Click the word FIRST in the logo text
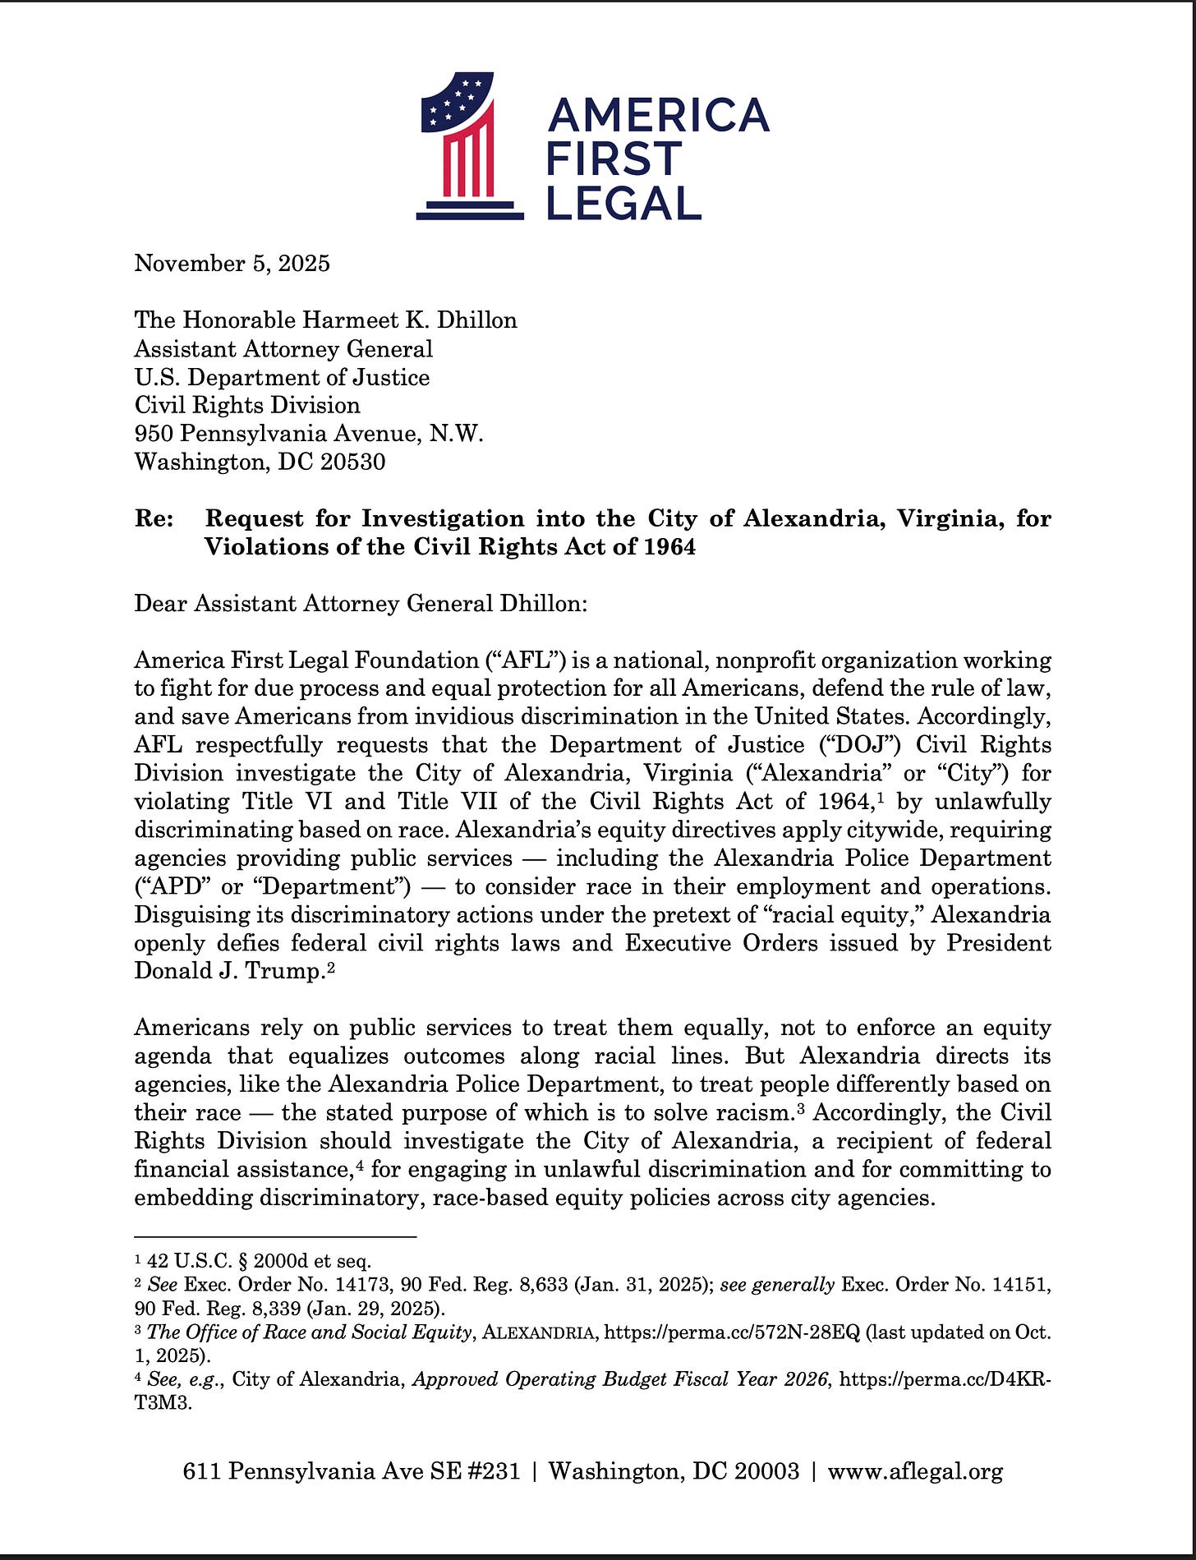tap(614, 159)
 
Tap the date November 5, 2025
tap(232, 264)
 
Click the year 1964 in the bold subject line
tap(669, 547)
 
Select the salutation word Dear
tap(161, 604)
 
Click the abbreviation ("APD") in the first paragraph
tap(170, 887)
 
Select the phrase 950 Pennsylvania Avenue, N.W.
tap(308, 434)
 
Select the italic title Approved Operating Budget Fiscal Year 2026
tap(620, 1379)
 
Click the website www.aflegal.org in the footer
tap(914, 1471)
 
